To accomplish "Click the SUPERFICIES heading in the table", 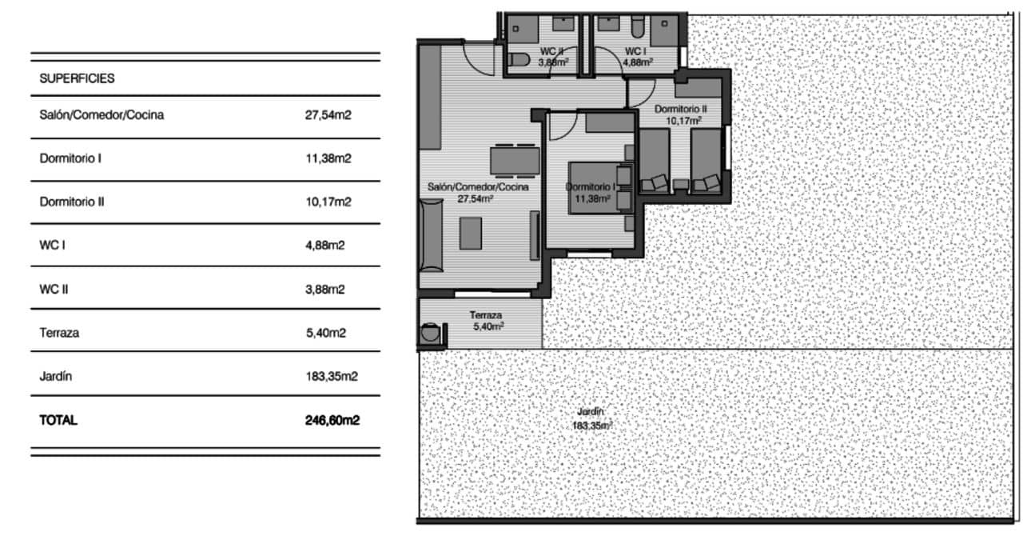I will click(77, 79).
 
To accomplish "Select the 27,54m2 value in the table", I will click(328, 115).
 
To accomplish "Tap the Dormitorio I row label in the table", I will click(70, 158).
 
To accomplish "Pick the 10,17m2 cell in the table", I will click(328, 202).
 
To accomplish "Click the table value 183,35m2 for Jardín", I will click(331, 376).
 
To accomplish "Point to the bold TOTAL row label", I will click(58, 420).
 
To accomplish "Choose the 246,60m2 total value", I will click(332, 420).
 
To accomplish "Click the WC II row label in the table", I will click(54, 289).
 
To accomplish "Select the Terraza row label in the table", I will click(59, 333).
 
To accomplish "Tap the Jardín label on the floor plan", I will click(592, 413).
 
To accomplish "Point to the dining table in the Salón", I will click(514, 161).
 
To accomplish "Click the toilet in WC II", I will click(519, 60).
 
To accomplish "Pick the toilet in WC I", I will click(637, 30).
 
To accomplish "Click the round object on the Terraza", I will click(431, 334).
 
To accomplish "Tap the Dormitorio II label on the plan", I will click(680, 109).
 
